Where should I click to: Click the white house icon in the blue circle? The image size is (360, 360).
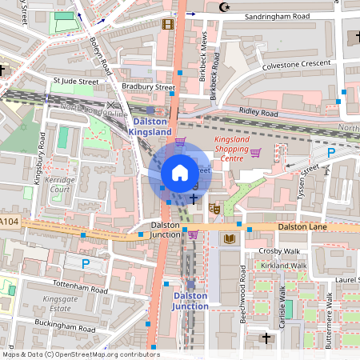pos(180,172)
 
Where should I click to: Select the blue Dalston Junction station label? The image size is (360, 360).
pos(190,300)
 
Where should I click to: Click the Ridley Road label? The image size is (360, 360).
pos(257,113)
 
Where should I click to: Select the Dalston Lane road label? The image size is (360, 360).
pos(302,228)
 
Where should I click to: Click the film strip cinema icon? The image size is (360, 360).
pos(166,24)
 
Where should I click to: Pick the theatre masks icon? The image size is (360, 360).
pos(214,209)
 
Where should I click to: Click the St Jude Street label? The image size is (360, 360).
pos(75,81)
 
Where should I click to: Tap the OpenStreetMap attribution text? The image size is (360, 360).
pos(80,354)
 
